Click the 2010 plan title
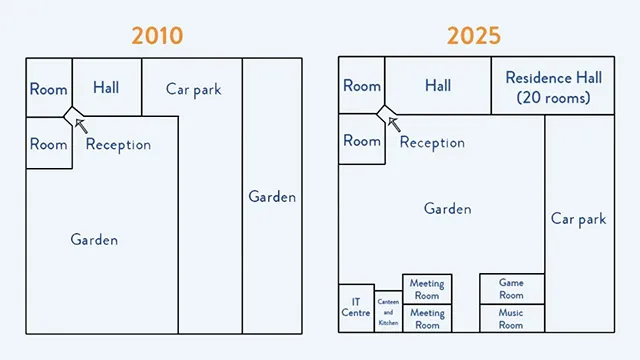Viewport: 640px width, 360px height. click(157, 36)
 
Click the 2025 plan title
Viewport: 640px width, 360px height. click(473, 36)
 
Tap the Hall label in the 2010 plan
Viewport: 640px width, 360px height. click(106, 87)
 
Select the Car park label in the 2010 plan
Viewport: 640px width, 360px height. click(193, 90)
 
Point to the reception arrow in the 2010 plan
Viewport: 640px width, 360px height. click(81, 126)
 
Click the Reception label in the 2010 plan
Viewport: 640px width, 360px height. click(118, 144)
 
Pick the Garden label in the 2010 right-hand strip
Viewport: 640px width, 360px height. click(272, 197)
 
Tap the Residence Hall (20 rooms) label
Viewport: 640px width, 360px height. click(553, 88)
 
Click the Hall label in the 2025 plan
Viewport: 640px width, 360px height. click(438, 85)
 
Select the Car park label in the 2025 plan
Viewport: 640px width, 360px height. click(578, 219)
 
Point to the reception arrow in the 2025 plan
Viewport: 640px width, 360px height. click(394, 124)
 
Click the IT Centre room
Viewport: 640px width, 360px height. click(356, 308)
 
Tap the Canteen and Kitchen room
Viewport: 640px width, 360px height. click(388, 311)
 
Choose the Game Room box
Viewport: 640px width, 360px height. click(512, 289)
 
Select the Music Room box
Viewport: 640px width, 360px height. click(512, 318)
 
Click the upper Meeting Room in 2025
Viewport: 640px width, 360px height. click(427, 289)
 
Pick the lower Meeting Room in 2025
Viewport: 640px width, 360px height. click(427, 318)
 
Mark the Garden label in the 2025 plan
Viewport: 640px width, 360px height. click(447, 209)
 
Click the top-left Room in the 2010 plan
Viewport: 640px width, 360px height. click(49, 88)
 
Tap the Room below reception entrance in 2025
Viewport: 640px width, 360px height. click(362, 140)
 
